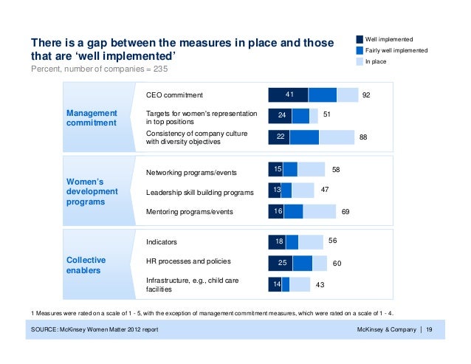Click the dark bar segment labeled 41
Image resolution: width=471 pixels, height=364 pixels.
(x=288, y=95)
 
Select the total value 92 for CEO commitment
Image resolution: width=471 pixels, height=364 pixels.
(x=365, y=95)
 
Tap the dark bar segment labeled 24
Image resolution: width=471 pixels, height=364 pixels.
(x=280, y=116)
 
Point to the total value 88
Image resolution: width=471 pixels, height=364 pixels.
(x=362, y=137)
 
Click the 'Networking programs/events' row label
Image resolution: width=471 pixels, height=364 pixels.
(x=191, y=173)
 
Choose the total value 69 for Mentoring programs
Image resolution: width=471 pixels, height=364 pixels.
(x=345, y=212)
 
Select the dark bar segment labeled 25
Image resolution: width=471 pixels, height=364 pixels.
(x=280, y=263)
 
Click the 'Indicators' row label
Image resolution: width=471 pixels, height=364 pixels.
(x=162, y=241)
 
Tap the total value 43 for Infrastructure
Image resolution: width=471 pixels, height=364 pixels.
(x=320, y=284)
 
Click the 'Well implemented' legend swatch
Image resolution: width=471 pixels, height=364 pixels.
(x=360, y=38)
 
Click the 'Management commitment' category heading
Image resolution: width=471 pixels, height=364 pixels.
(x=92, y=118)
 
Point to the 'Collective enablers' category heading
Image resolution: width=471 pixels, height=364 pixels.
(x=86, y=266)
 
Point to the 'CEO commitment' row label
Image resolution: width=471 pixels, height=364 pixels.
(x=174, y=95)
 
